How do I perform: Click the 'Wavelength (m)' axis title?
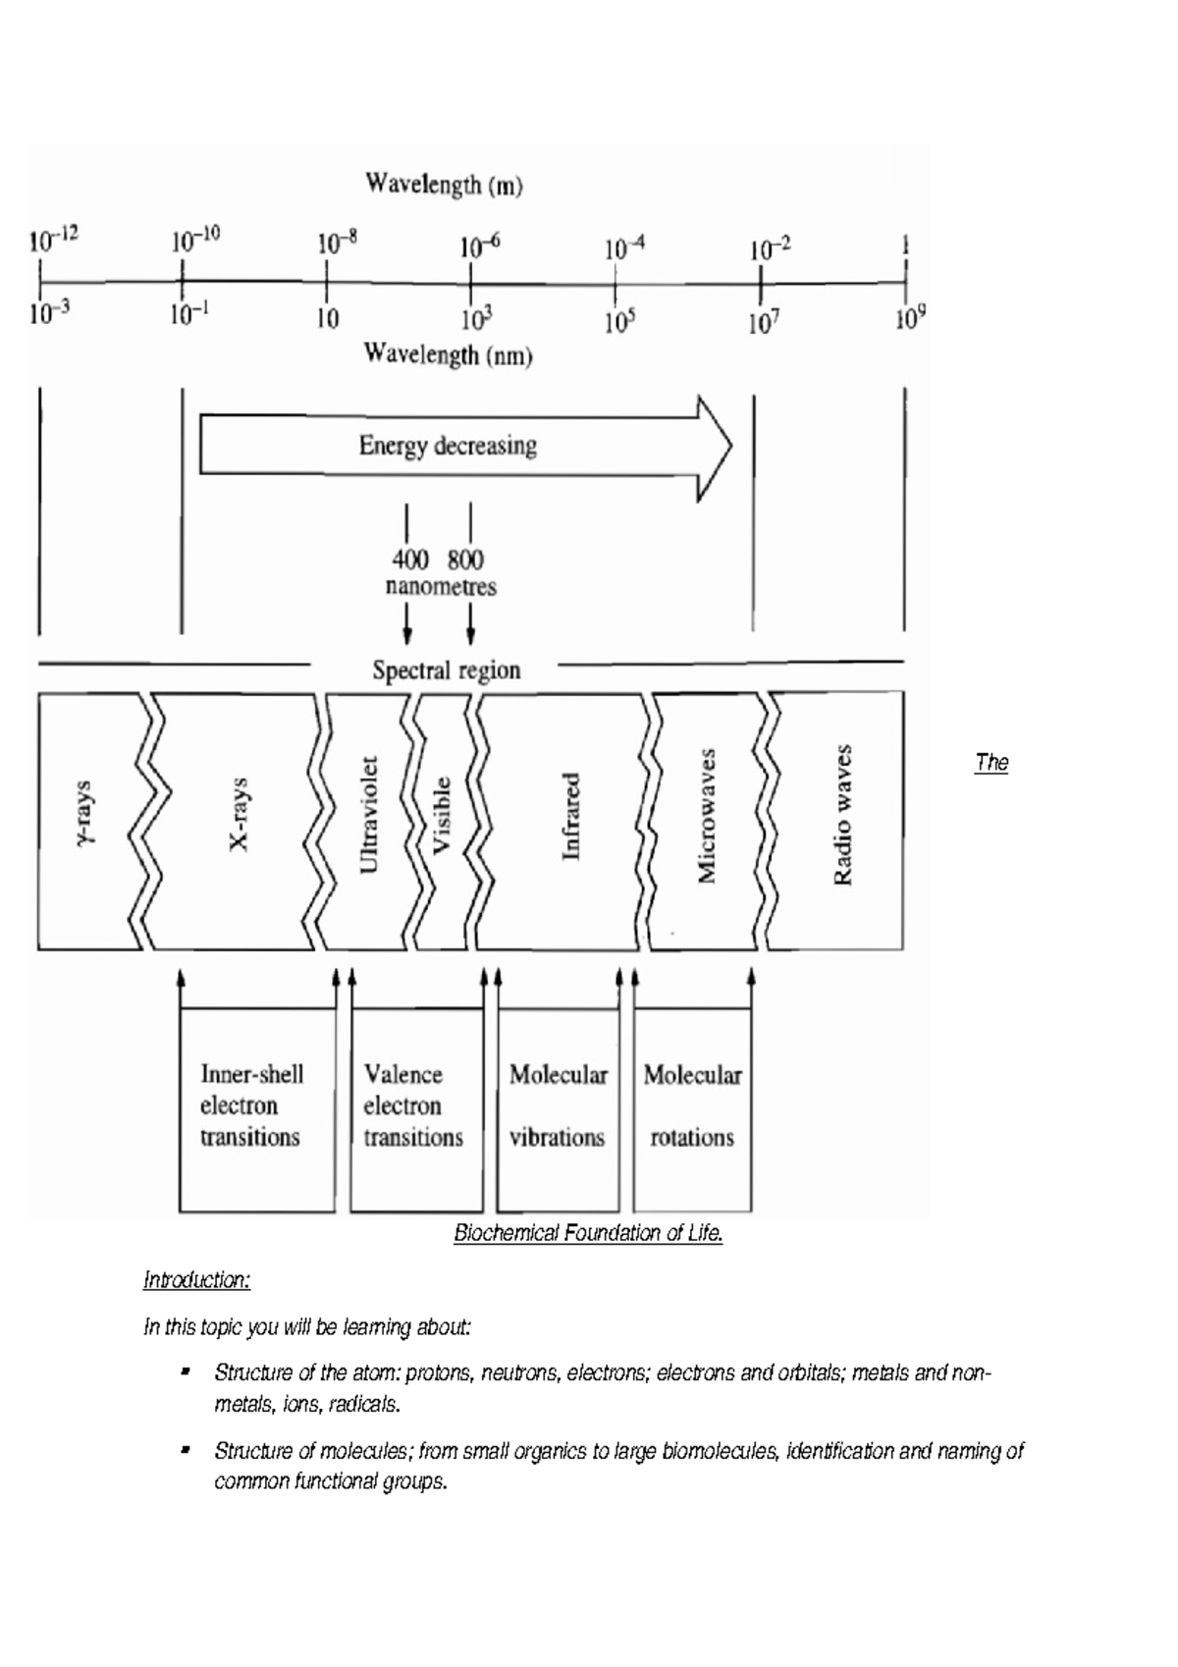click(444, 185)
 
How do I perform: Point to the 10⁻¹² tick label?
click(53, 239)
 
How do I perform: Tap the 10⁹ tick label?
click(910, 319)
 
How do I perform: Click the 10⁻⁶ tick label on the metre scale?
click(480, 245)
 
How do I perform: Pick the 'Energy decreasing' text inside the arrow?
click(448, 447)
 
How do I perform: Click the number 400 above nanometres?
click(409, 560)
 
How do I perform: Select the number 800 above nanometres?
click(465, 560)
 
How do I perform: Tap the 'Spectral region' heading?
click(446, 672)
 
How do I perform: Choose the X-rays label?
click(239, 815)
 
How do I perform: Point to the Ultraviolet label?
click(368, 815)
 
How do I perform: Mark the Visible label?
click(442, 815)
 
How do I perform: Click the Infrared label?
click(570, 816)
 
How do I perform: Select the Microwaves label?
click(706, 815)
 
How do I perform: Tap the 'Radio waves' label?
click(841, 815)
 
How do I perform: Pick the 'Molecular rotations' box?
click(692, 1107)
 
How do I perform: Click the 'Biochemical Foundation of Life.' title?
click(588, 1234)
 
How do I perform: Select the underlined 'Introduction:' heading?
click(196, 1280)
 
